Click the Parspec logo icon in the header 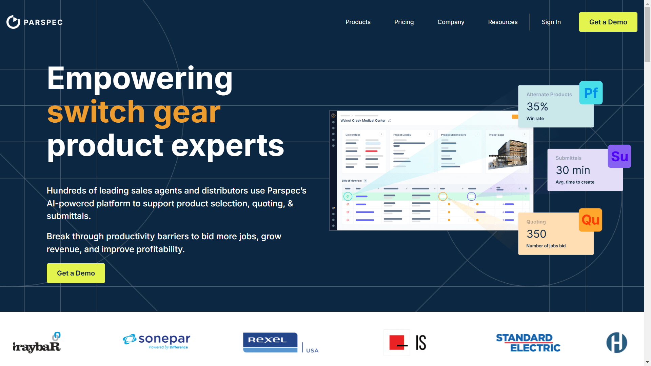14,22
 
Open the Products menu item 358,22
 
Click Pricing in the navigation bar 404,22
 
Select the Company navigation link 451,22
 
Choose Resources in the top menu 502,22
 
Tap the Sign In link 551,22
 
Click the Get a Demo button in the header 608,22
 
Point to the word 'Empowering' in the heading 140,79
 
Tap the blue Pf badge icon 591,93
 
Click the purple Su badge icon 619,157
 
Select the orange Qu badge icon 590,220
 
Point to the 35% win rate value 537,107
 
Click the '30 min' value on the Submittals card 573,170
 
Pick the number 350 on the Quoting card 536,234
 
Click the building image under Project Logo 508,154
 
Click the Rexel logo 270,342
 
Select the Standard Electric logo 528,343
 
